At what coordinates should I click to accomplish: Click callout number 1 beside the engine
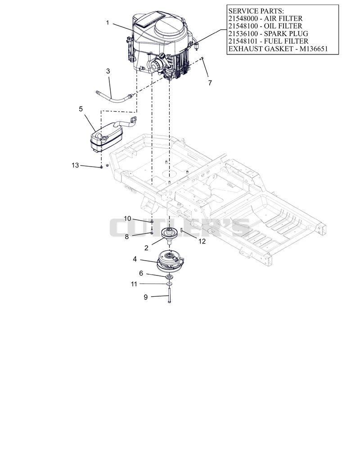tap(108, 23)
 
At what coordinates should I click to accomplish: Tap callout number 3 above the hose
tap(108, 71)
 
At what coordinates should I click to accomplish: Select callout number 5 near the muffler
tap(81, 109)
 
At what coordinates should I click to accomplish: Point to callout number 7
tap(210, 83)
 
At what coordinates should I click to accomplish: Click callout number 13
tap(75, 165)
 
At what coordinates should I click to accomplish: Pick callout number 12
tap(202, 241)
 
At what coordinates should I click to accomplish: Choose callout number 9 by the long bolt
tap(146, 297)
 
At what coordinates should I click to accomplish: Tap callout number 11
tap(134, 284)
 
